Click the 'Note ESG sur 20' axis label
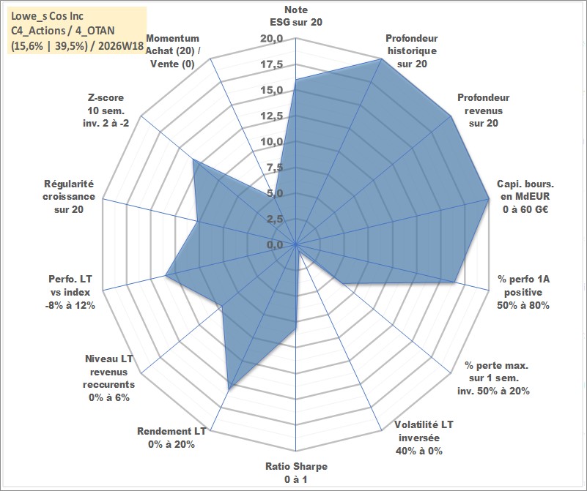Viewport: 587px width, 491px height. click(x=296, y=15)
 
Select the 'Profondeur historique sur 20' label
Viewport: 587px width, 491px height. click(x=412, y=50)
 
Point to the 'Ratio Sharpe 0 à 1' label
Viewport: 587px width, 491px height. click(x=296, y=473)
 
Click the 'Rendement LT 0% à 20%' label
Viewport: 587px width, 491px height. click(x=171, y=438)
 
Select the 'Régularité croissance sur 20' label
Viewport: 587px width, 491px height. click(x=69, y=197)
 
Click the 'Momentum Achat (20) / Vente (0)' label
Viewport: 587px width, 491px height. click(x=172, y=50)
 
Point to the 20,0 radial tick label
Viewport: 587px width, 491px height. click(x=271, y=39)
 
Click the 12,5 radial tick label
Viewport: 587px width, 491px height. click(x=271, y=116)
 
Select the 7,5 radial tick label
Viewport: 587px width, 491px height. click(x=275, y=168)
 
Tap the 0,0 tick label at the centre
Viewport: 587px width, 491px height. click(x=275, y=245)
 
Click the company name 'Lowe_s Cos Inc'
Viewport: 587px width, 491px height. click(x=47, y=16)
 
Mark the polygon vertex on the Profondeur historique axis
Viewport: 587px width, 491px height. click(x=381, y=59)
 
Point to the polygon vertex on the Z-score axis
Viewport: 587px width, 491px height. click(x=193, y=160)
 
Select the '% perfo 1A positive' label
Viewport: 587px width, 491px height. click(x=523, y=292)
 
